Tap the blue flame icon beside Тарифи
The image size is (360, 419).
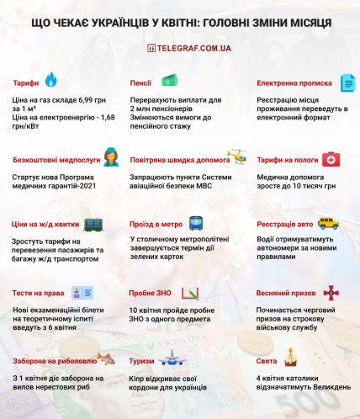click(51, 80)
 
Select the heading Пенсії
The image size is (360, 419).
click(140, 83)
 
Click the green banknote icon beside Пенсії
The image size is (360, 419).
click(168, 81)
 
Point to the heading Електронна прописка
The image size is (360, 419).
click(290, 83)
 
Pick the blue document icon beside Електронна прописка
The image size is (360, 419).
click(347, 82)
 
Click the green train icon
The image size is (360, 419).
click(93, 225)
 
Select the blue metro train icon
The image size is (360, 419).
click(195, 224)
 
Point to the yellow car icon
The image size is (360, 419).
click(328, 224)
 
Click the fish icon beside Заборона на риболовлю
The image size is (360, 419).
click(104, 359)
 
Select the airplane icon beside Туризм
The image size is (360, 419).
click(172, 359)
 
